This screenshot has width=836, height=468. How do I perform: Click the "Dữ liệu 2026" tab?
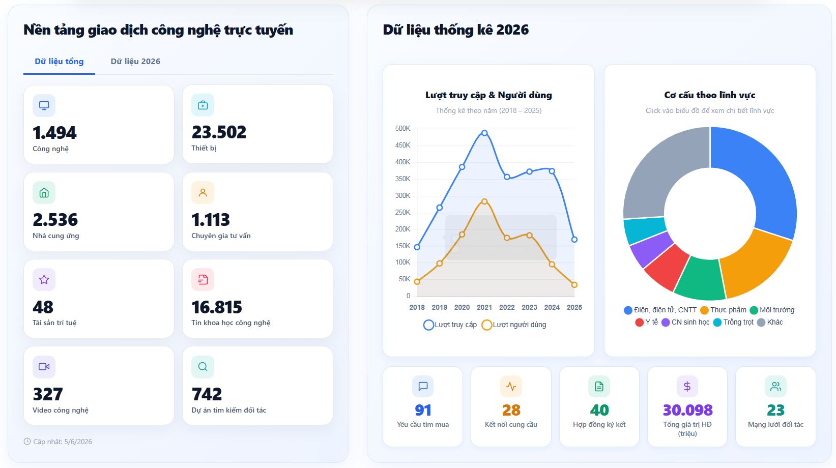pyautogui.click(x=135, y=61)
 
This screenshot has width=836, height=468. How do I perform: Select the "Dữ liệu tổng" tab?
pyautogui.click(x=59, y=61)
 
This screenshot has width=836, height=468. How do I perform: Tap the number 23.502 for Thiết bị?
pyautogui.click(x=219, y=132)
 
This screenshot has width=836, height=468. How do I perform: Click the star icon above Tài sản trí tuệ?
pyautogui.click(x=44, y=280)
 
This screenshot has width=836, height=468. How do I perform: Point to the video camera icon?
pyautogui.click(x=44, y=366)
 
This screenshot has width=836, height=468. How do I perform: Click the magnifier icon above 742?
pyautogui.click(x=203, y=366)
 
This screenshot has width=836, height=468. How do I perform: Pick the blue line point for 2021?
pyautogui.click(x=484, y=133)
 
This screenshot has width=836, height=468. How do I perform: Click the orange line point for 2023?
pyautogui.click(x=529, y=235)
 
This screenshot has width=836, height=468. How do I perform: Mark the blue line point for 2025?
pyautogui.click(x=574, y=240)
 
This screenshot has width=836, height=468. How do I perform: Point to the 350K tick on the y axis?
pyautogui.click(x=402, y=179)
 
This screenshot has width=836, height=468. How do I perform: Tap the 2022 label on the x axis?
pyautogui.click(x=507, y=307)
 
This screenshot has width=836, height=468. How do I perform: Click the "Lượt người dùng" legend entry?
pyautogui.click(x=514, y=325)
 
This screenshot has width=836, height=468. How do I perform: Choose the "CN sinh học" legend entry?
pyautogui.click(x=685, y=322)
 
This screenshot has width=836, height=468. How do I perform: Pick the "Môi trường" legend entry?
pyautogui.click(x=772, y=310)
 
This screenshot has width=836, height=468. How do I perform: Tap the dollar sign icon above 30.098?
pyautogui.click(x=687, y=386)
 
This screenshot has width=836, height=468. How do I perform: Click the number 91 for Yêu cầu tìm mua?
pyautogui.click(x=423, y=410)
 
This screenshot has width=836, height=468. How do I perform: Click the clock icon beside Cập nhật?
pyautogui.click(x=27, y=442)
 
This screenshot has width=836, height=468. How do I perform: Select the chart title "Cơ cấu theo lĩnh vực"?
pyautogui.click(x=709, y=95)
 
